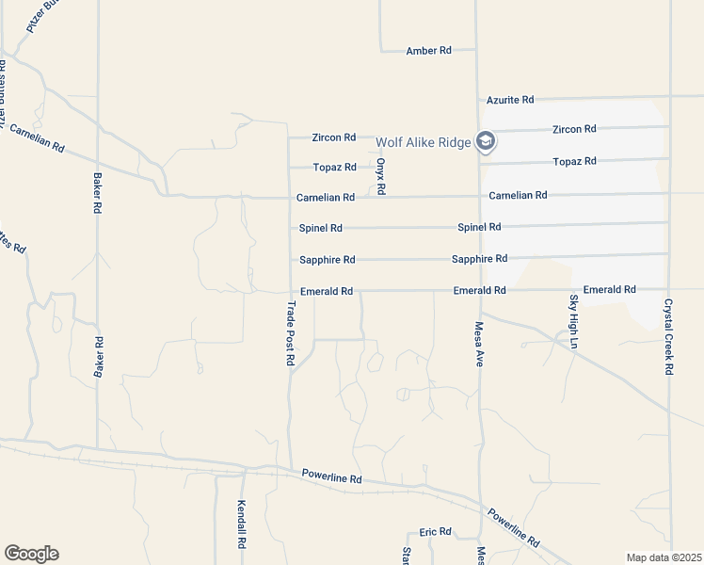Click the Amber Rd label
[428, 51]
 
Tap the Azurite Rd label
[510, 100]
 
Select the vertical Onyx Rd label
[381, 176]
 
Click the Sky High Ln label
[572, 322]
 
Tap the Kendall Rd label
[242, 525]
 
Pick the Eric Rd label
[436, 532]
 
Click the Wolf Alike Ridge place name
[423, 143]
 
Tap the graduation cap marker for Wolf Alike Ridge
[486, 142]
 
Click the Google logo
[31, 554]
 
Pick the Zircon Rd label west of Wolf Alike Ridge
[334, 137]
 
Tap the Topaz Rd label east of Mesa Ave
[575, 162]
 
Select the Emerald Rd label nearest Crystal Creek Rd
[609, 290]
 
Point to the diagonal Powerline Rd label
[513, 528]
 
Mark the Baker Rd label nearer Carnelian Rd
[97, 193]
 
